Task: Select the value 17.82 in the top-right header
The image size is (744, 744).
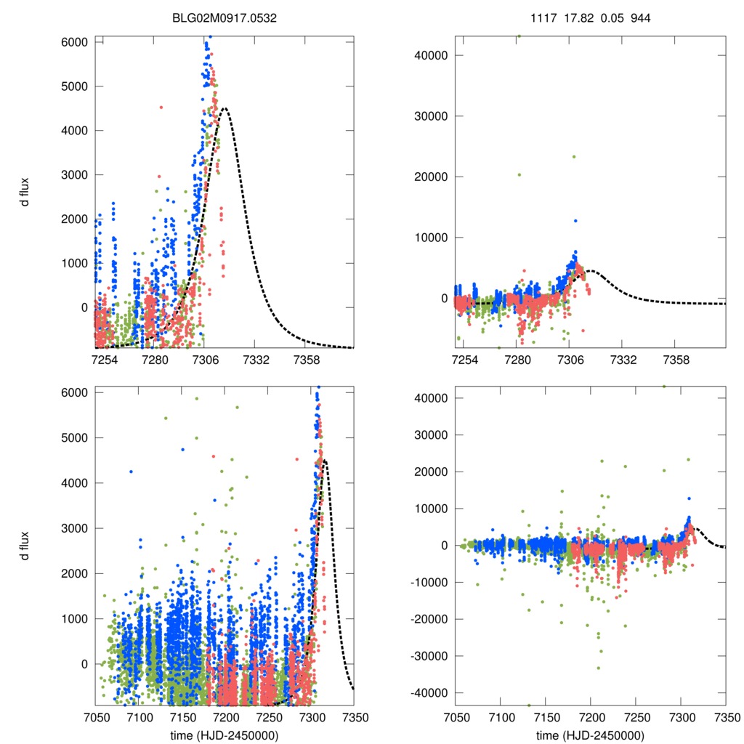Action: tap(578, 16)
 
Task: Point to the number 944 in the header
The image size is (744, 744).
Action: tap(639, 16)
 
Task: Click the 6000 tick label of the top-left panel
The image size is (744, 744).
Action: tap(74, 42)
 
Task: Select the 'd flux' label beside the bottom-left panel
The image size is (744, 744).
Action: tap(25, 546)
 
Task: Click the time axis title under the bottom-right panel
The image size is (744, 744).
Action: tap(590, 735)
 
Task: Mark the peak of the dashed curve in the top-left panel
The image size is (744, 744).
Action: tap(225, 109)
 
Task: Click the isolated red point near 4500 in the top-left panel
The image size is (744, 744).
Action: tap(161, 108)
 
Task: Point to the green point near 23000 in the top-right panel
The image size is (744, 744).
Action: tap(573, 156)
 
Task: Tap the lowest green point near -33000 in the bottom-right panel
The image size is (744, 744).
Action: tap(599, 668)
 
